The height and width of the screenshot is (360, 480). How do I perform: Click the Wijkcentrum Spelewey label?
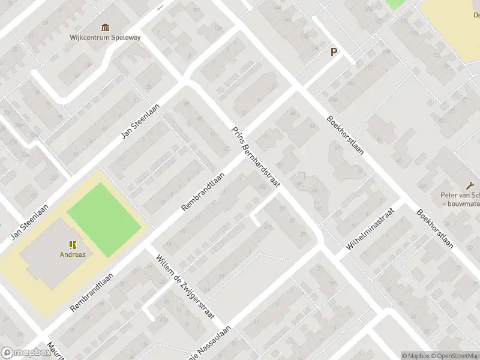pyautogui.click(x=106, y=37)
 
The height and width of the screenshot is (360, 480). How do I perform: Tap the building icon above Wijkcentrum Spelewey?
pyautogui.click(x=106, y=27)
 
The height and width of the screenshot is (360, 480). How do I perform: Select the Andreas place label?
pyautogui.click(x=73, y=254)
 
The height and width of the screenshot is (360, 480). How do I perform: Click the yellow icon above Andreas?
pyautogui.click(x=73, y=245)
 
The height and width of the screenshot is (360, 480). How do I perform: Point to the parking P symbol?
pyautogui.click(x=334, y=52)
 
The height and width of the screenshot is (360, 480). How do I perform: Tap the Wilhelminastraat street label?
pyautogui.click(x=370, y=230)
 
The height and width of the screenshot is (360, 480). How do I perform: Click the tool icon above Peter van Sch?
pyautogui.click(x=470, y=186)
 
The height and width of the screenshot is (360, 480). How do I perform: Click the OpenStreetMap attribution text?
pyautogui.click(x=451, y=356)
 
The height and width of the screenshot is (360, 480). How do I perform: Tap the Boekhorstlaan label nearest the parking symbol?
pyautogui.click(x=346, y=136)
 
